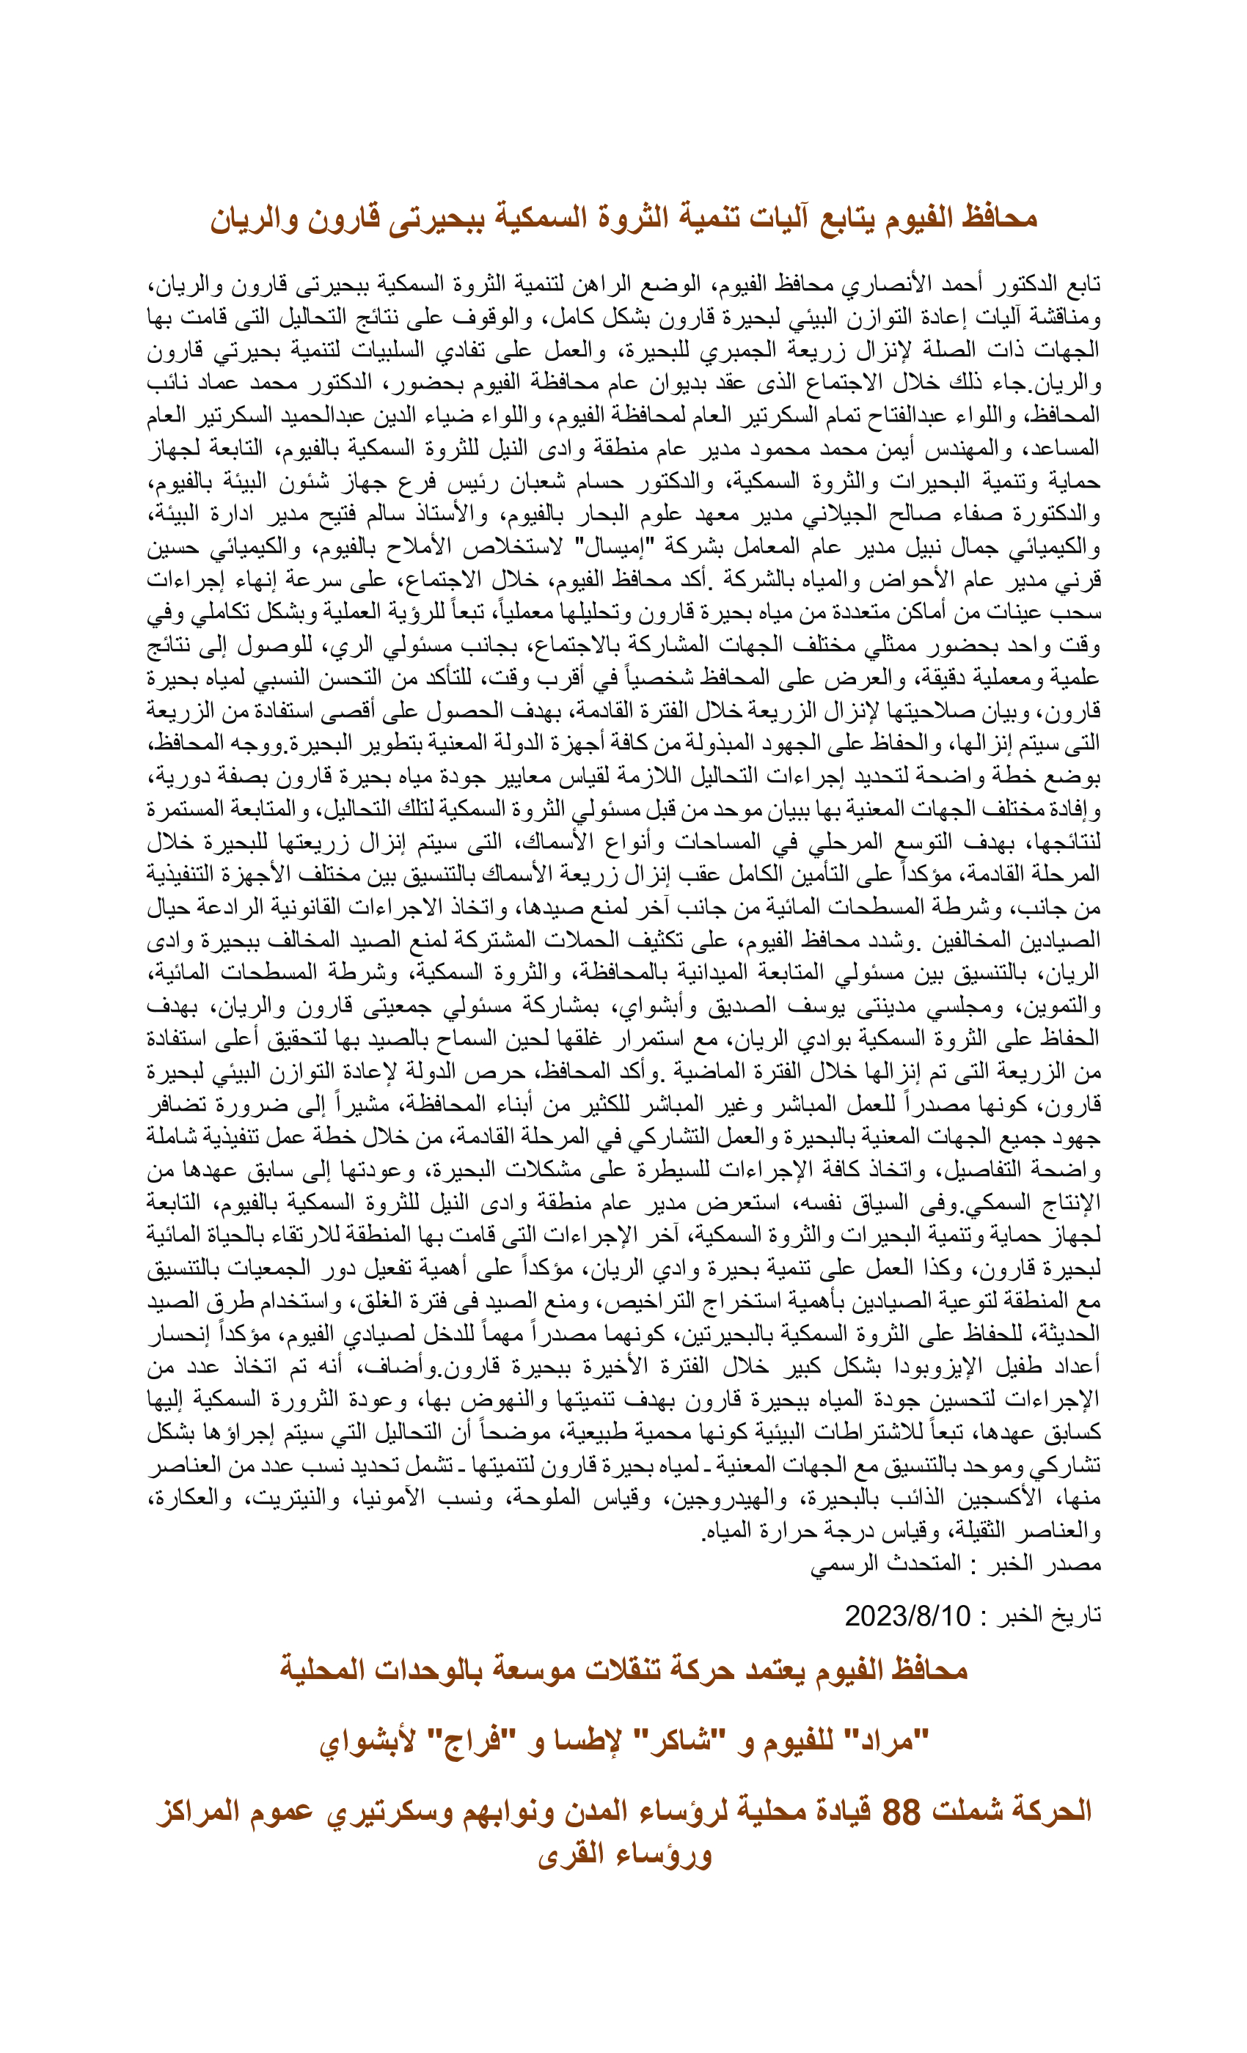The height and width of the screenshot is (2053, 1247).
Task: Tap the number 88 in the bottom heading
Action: pos(901,1811)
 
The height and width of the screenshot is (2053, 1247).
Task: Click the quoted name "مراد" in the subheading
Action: pos(893,1741)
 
